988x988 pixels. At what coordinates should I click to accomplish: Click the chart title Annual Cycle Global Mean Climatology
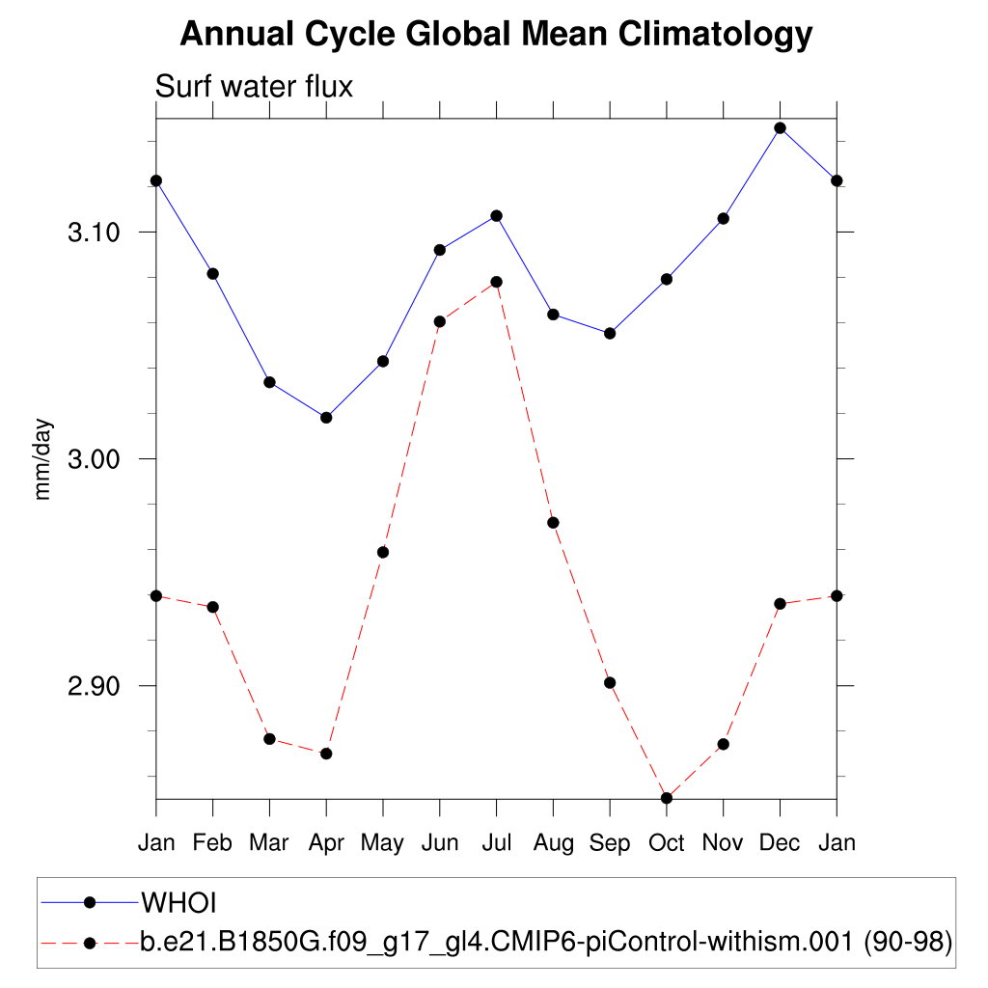pos(496,35)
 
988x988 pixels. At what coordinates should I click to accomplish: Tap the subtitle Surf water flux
pos(255,87)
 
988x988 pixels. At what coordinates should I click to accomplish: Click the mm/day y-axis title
pos(43,459)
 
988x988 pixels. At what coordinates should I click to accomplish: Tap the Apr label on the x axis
pos(326,843)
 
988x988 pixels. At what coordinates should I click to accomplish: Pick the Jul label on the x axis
pos(496,843)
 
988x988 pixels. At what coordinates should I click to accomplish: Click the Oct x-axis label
pos(666,843)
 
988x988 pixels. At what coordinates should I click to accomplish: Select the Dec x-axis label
pos(780,843)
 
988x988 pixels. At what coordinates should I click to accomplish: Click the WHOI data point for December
pos(780,127)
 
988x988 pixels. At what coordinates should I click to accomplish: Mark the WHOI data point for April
pos(326,418)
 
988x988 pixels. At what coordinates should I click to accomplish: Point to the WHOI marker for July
pos(496,215)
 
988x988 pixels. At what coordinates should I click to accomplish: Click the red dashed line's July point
pos(496,282)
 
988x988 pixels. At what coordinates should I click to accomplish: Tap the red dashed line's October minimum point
pos(666,798)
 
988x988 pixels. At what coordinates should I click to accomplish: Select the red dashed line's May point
pos(383,552)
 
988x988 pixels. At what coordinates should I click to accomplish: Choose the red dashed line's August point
pos(553,523)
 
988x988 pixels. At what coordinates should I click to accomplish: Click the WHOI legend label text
pos(179,903)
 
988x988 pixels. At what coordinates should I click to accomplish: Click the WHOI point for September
pos(610,334)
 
